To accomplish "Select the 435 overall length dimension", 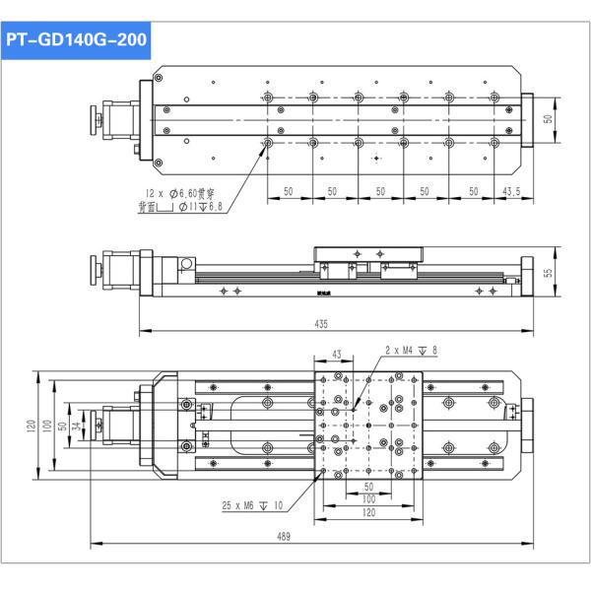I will pyautogui.click(x=322, y=323).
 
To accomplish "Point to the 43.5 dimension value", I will pyautogui.click(x=511, y=190).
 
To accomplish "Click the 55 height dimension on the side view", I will pyautogui.click(x=549, y=271).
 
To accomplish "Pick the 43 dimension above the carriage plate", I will pyautogui.click(x=336, y=353).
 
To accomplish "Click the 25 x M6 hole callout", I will pyautogui.click(x=252, y=505).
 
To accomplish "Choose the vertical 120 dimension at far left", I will pyautogui.click(x=32, y=426).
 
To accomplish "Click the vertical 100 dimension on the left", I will pyautogui.click(x=46, y=426).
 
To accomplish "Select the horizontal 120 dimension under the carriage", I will pyautogui.click(x=368, y=512).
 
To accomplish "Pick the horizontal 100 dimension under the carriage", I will pyautogui.click(x=368, y=499).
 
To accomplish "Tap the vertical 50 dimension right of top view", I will pyautogui.click(x=549, y=118).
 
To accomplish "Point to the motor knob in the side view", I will pyautogui.click(x=99, y=267).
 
